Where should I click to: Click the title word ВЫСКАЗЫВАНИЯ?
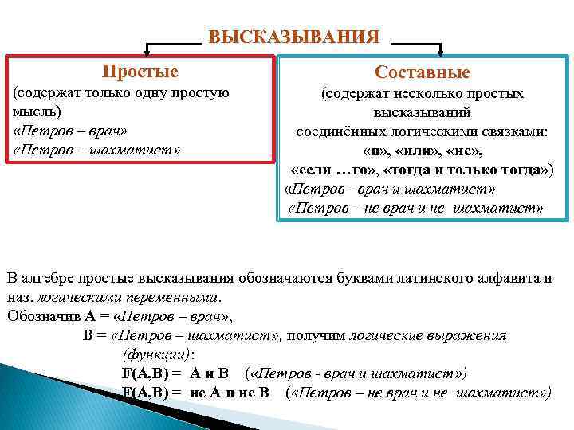pyautogui.click(x=293, y=37)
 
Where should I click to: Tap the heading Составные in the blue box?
pyautogui.click(x=423, y=73)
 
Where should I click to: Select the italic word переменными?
pyautogui.click(x=174, y=297)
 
